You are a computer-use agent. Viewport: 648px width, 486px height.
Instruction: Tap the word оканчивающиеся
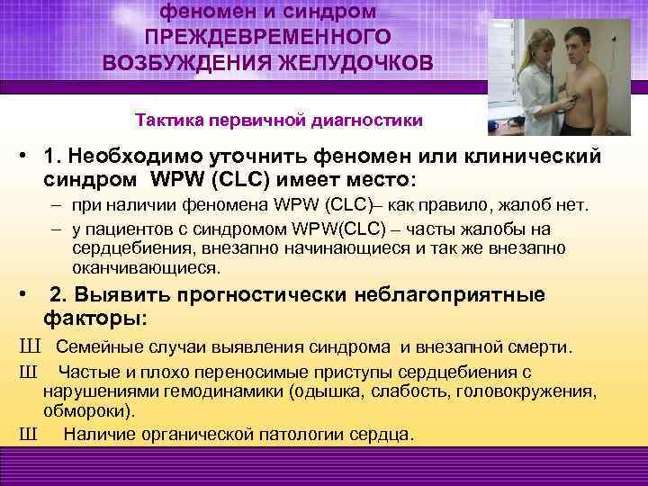[146, 268]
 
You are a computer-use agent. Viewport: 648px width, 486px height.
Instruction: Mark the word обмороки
[87, 411]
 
